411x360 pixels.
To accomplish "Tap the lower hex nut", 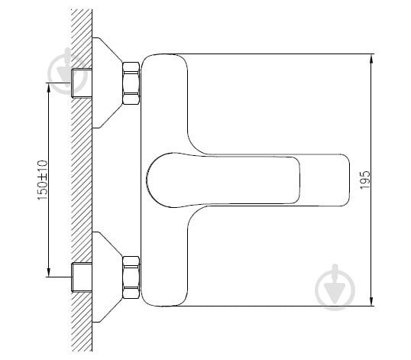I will (x=131, y=277).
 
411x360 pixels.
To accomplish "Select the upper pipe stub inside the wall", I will (x=80, y=82).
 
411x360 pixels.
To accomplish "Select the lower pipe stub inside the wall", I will (x=80, y=277).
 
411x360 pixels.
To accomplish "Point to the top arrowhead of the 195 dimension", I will (x=371, y=58).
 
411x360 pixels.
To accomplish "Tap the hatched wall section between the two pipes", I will (x=80, y=180).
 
